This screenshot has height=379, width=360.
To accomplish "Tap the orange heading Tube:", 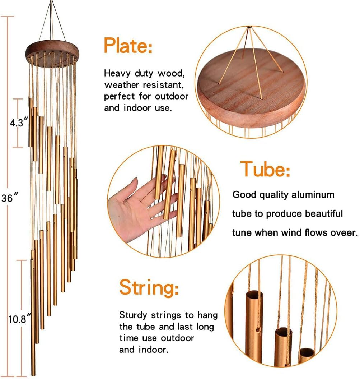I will (x=265, y=169).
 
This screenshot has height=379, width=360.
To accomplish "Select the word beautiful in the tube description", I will (x=324, y=214).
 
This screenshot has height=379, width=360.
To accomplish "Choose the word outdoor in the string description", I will (x=178, y=338).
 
